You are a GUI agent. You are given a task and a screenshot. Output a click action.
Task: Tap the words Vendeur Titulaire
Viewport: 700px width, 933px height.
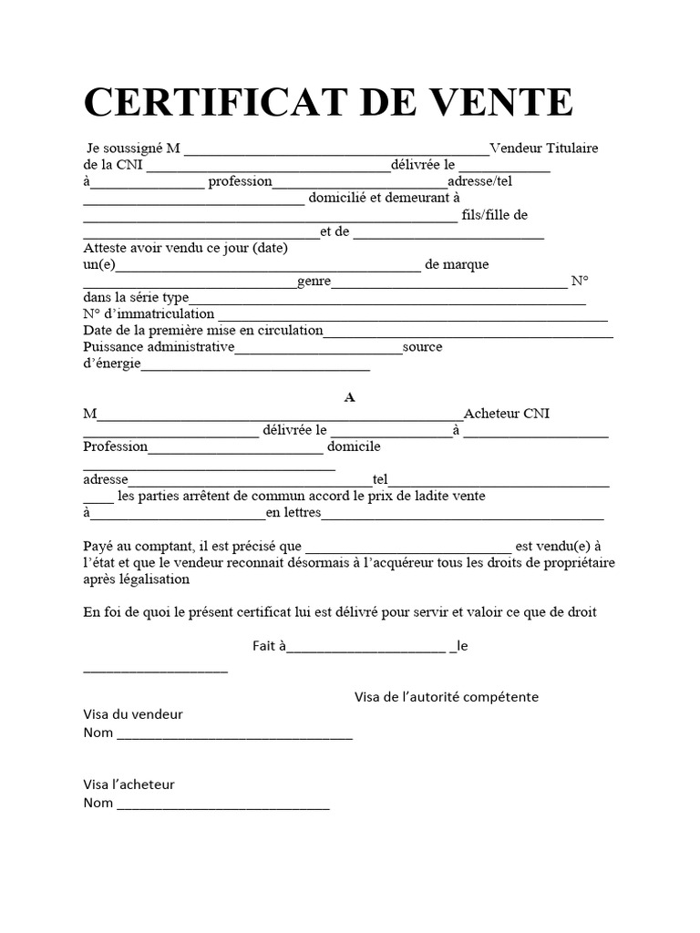(x=544, y=149)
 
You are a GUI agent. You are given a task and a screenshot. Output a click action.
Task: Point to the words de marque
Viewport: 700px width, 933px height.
(x=457, y=264)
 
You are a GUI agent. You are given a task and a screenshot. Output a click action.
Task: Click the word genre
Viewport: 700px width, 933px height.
(x=314, y=282)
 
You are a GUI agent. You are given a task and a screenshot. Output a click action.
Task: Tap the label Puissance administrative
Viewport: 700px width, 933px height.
(x=159, y=347)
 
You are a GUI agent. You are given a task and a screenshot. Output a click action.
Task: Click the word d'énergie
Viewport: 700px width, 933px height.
(x=111, y=364)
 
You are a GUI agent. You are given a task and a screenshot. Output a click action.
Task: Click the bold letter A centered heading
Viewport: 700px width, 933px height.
(x=348, y=397)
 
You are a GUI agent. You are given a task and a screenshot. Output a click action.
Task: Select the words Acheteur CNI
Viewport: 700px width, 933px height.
(x=507, y=414)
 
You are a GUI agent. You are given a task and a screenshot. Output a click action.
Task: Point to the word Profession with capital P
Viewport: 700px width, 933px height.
(x=115, y=446)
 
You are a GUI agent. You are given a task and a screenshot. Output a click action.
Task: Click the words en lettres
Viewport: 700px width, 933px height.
(x=293, y=513)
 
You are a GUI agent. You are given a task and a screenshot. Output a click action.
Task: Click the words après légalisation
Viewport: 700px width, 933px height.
(x=133, y=579)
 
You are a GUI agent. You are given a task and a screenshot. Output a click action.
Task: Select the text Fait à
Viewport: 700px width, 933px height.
(x=269, y=646)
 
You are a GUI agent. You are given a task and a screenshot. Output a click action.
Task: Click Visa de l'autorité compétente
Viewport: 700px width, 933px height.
(x=446, y=697)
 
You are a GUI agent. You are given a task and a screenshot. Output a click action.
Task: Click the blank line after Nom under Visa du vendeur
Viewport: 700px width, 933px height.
(x=234, y=734)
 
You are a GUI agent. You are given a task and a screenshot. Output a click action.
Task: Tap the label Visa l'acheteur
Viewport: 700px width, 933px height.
(x=129, y=784)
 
